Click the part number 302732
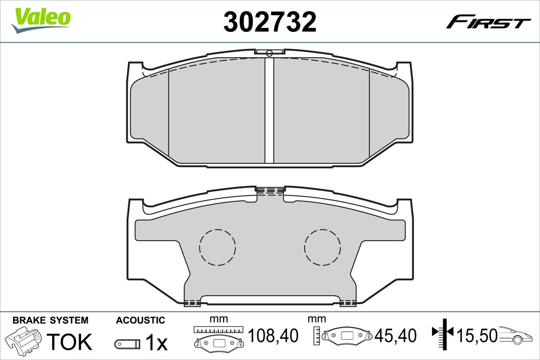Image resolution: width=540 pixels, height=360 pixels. [270, 21]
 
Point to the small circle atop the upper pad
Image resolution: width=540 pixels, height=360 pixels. [269, 54]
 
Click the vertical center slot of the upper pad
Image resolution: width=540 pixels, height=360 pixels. [269, 110]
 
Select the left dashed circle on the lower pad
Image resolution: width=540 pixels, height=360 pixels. [217, 247]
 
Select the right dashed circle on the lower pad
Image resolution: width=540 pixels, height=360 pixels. [322, 247]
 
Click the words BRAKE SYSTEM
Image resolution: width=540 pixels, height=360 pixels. [50, 320]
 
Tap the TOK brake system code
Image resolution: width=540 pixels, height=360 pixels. [69, 342]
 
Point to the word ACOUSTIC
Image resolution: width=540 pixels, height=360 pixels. [140, 320]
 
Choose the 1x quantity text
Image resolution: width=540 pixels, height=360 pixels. [156, 343]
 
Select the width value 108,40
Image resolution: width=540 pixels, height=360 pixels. [273, 335]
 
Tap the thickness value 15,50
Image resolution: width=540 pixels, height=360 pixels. [477, 335]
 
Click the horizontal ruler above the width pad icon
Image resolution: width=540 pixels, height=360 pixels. [218, 329]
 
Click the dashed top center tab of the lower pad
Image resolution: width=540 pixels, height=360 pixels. [270, 191]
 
